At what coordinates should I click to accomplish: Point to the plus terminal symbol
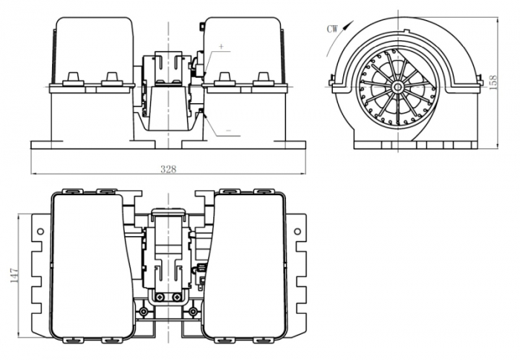click(x=221, y=48)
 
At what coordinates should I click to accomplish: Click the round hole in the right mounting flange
click(x=298, y=231)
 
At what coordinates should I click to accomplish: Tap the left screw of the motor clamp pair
click(x=158, y=297)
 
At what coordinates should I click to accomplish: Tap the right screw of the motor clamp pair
click(x=176, y=297)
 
